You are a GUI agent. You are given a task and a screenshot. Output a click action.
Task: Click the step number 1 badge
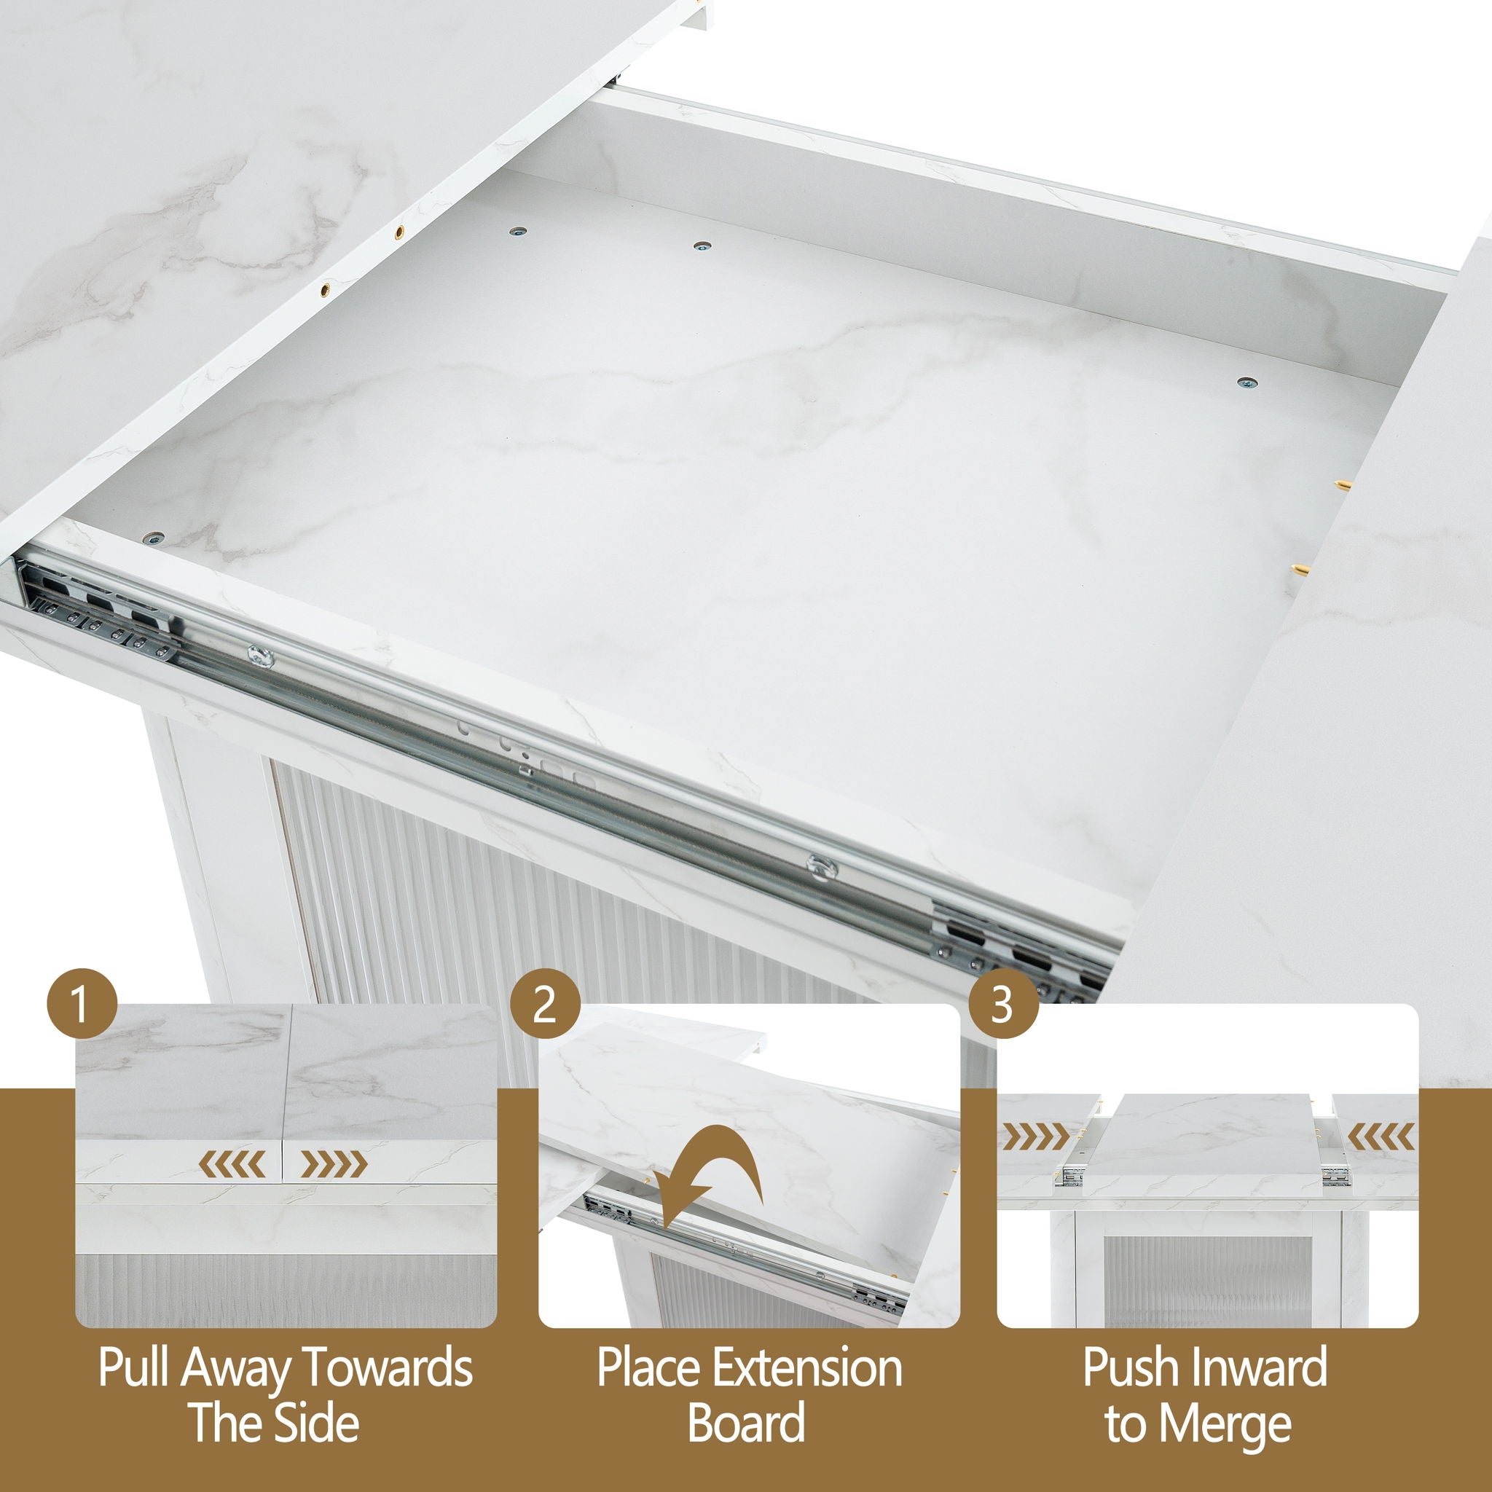pos(81,1004)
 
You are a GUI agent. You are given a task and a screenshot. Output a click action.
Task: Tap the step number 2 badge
pos(545,1004)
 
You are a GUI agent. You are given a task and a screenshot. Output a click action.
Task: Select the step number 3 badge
pos(1003,1004)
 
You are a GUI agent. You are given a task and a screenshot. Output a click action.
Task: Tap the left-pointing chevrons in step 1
pos(232,1163)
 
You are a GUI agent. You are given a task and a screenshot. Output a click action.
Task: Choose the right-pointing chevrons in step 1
pos(334,1163)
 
